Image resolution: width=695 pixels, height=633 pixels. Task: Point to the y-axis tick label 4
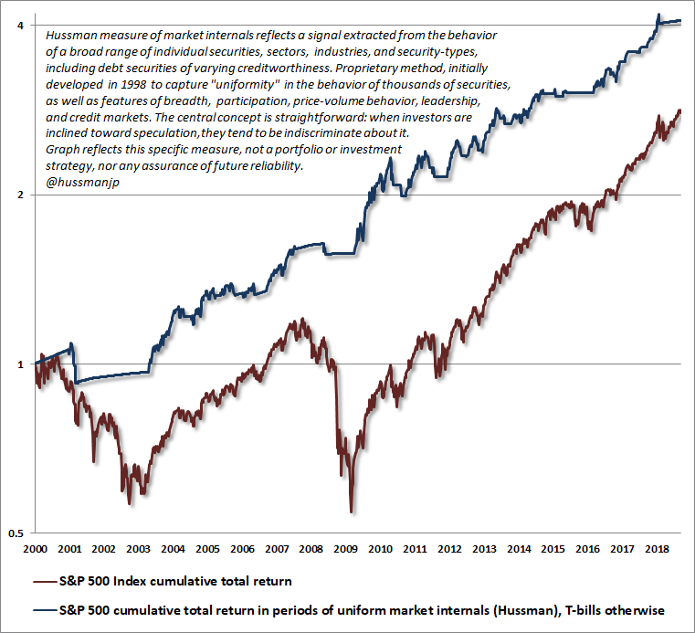(x=20, y=25)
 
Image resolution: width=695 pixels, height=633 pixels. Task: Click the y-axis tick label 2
(x=20, y=195)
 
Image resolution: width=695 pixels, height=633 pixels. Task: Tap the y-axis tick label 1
(x=20, y=364)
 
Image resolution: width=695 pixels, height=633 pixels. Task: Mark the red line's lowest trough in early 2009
(x=352, y=512)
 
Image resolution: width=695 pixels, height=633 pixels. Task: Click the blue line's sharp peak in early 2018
(x=658, y=15)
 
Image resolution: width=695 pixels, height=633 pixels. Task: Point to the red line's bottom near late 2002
(x=130, y=502)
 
